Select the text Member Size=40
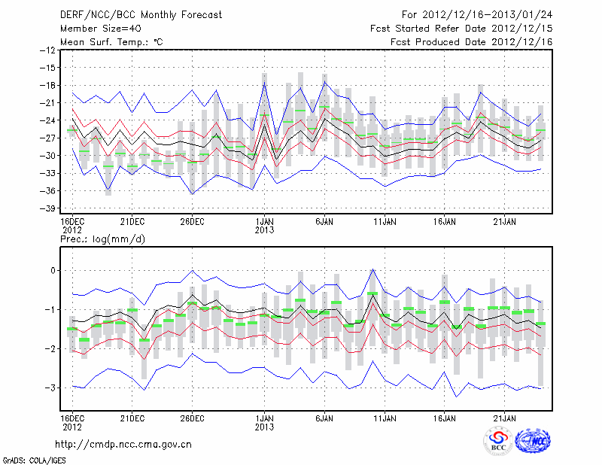[98, 29]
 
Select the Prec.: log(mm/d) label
[102, 239]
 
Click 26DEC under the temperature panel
[193, 221]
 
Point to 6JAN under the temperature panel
[324, 221]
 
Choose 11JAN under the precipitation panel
[385, 417]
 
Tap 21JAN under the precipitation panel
[505, 417]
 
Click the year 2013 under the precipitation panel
[264, 426]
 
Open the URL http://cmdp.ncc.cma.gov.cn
[124, 444]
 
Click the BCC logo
[498, 442]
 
